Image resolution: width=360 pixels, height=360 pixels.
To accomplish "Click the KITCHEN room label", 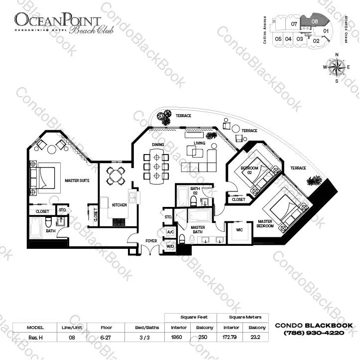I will (119, 205).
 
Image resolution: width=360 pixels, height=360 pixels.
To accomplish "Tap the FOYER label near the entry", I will (151, 241).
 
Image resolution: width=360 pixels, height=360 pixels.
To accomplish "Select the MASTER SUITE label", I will (77, 180).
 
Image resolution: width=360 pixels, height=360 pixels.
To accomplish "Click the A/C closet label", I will (170, 232).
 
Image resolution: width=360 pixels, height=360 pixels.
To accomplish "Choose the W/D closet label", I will (170, 246).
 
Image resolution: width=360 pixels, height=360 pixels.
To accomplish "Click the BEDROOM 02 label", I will (249, 170).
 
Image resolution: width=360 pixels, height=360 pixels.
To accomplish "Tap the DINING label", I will (158, 145).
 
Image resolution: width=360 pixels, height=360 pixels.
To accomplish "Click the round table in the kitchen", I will (116, 175).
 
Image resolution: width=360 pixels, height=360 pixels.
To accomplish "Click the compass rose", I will (337, 67).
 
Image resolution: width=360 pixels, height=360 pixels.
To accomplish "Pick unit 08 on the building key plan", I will (315, 21).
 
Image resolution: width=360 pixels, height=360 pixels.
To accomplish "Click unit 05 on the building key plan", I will (278, 39).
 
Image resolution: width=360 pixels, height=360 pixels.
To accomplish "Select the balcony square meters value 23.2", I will (256, 337).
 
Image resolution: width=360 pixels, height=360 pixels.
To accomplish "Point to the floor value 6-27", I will (105, 337).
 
